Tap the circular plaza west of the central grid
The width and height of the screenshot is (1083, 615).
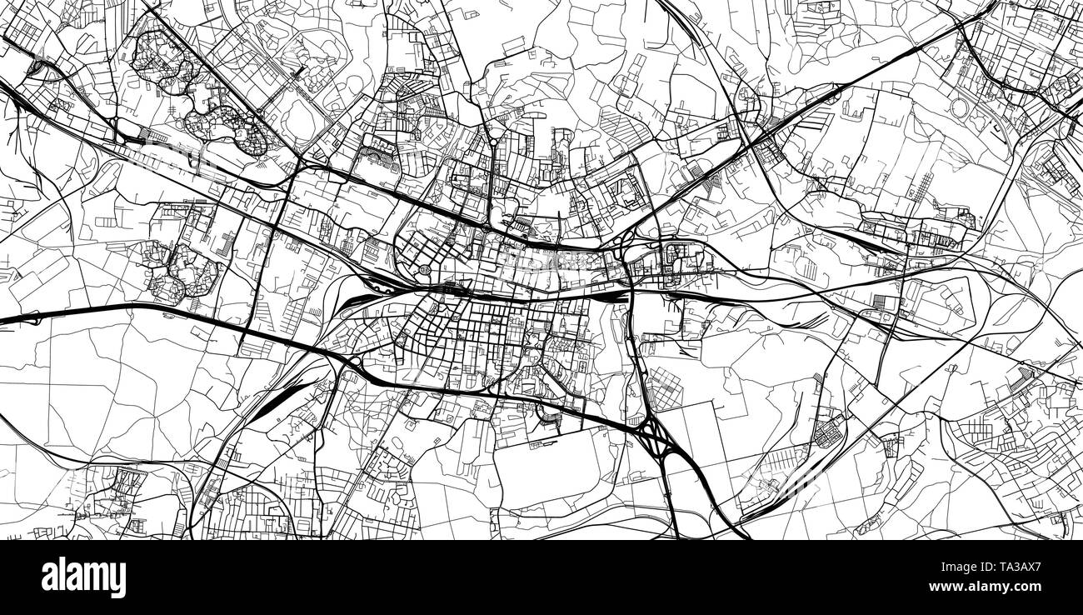click(x=426, y=269)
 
